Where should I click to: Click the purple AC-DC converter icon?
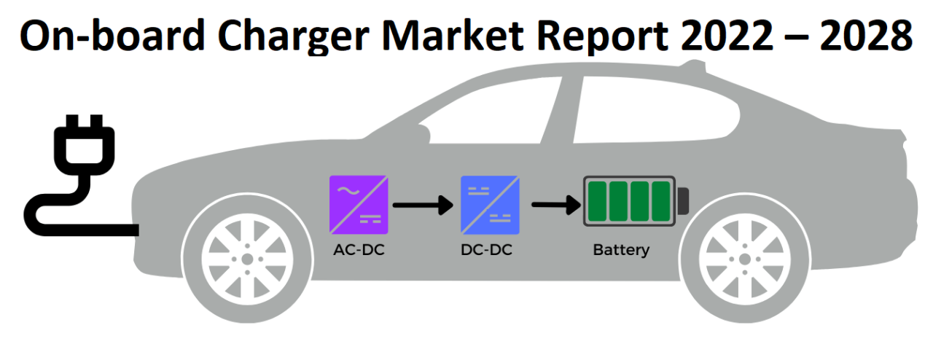coord(359,204)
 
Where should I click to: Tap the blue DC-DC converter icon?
coord(490,204)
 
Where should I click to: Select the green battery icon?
coord(630,201)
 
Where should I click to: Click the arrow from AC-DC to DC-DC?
coord(423,206)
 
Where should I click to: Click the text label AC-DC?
coord(358,250)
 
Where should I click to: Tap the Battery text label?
coord(621,250)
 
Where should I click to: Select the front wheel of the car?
coord(247,259)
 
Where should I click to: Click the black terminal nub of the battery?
coord(683,200)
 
